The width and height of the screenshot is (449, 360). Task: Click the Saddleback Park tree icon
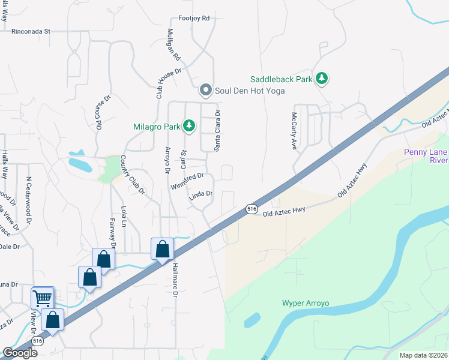click(322, 78)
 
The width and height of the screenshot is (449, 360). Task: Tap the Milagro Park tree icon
click(190, 125)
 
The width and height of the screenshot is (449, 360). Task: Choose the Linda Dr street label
click(201, 194)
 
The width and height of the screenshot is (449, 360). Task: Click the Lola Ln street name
click(124, 217)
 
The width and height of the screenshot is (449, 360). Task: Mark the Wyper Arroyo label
click(306, 302)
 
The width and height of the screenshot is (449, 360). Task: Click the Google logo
click(20, 353)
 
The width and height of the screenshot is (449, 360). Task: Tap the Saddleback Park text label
click(282, 79)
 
